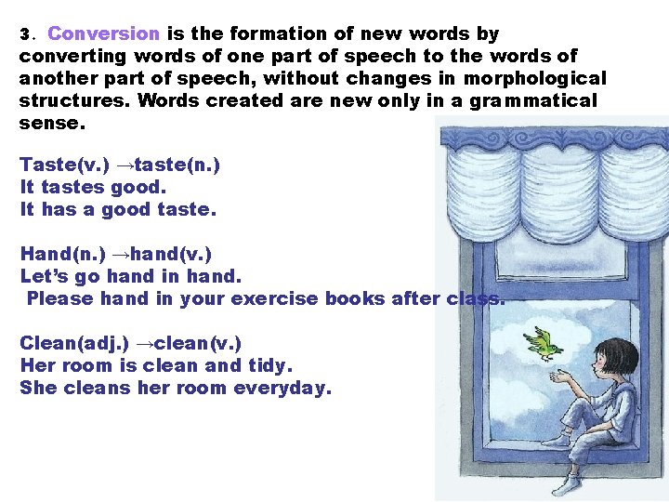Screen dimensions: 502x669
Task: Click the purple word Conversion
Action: [104, 34]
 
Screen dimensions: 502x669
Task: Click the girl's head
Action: [616, 359]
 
